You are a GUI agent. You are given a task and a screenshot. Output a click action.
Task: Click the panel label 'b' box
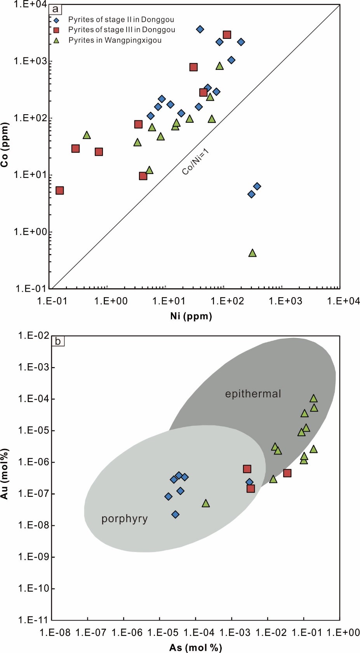[58, 341]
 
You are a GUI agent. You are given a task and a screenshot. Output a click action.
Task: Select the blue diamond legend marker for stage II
[57, 20]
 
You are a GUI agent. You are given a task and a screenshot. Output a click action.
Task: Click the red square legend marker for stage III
[57, 30]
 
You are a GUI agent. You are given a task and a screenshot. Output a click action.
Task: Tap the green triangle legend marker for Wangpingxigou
[57, 40]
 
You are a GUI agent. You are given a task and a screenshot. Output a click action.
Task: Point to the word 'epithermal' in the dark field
[253, 394]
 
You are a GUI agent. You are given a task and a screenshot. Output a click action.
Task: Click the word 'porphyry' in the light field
[124, 519]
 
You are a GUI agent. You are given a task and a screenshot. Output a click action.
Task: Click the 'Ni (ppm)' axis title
[191, 316]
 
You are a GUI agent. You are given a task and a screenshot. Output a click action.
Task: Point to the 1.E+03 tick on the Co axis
[30, 61]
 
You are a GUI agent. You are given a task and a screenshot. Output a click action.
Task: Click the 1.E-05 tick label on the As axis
[160, 633]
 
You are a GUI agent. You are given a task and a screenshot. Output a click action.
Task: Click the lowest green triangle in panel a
[252, 253]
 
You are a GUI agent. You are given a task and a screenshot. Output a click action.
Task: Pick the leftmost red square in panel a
[59, 190]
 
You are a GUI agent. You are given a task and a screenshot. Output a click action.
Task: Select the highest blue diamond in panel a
[200, 29]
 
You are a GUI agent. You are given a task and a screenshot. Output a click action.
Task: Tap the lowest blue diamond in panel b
[175, 514]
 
